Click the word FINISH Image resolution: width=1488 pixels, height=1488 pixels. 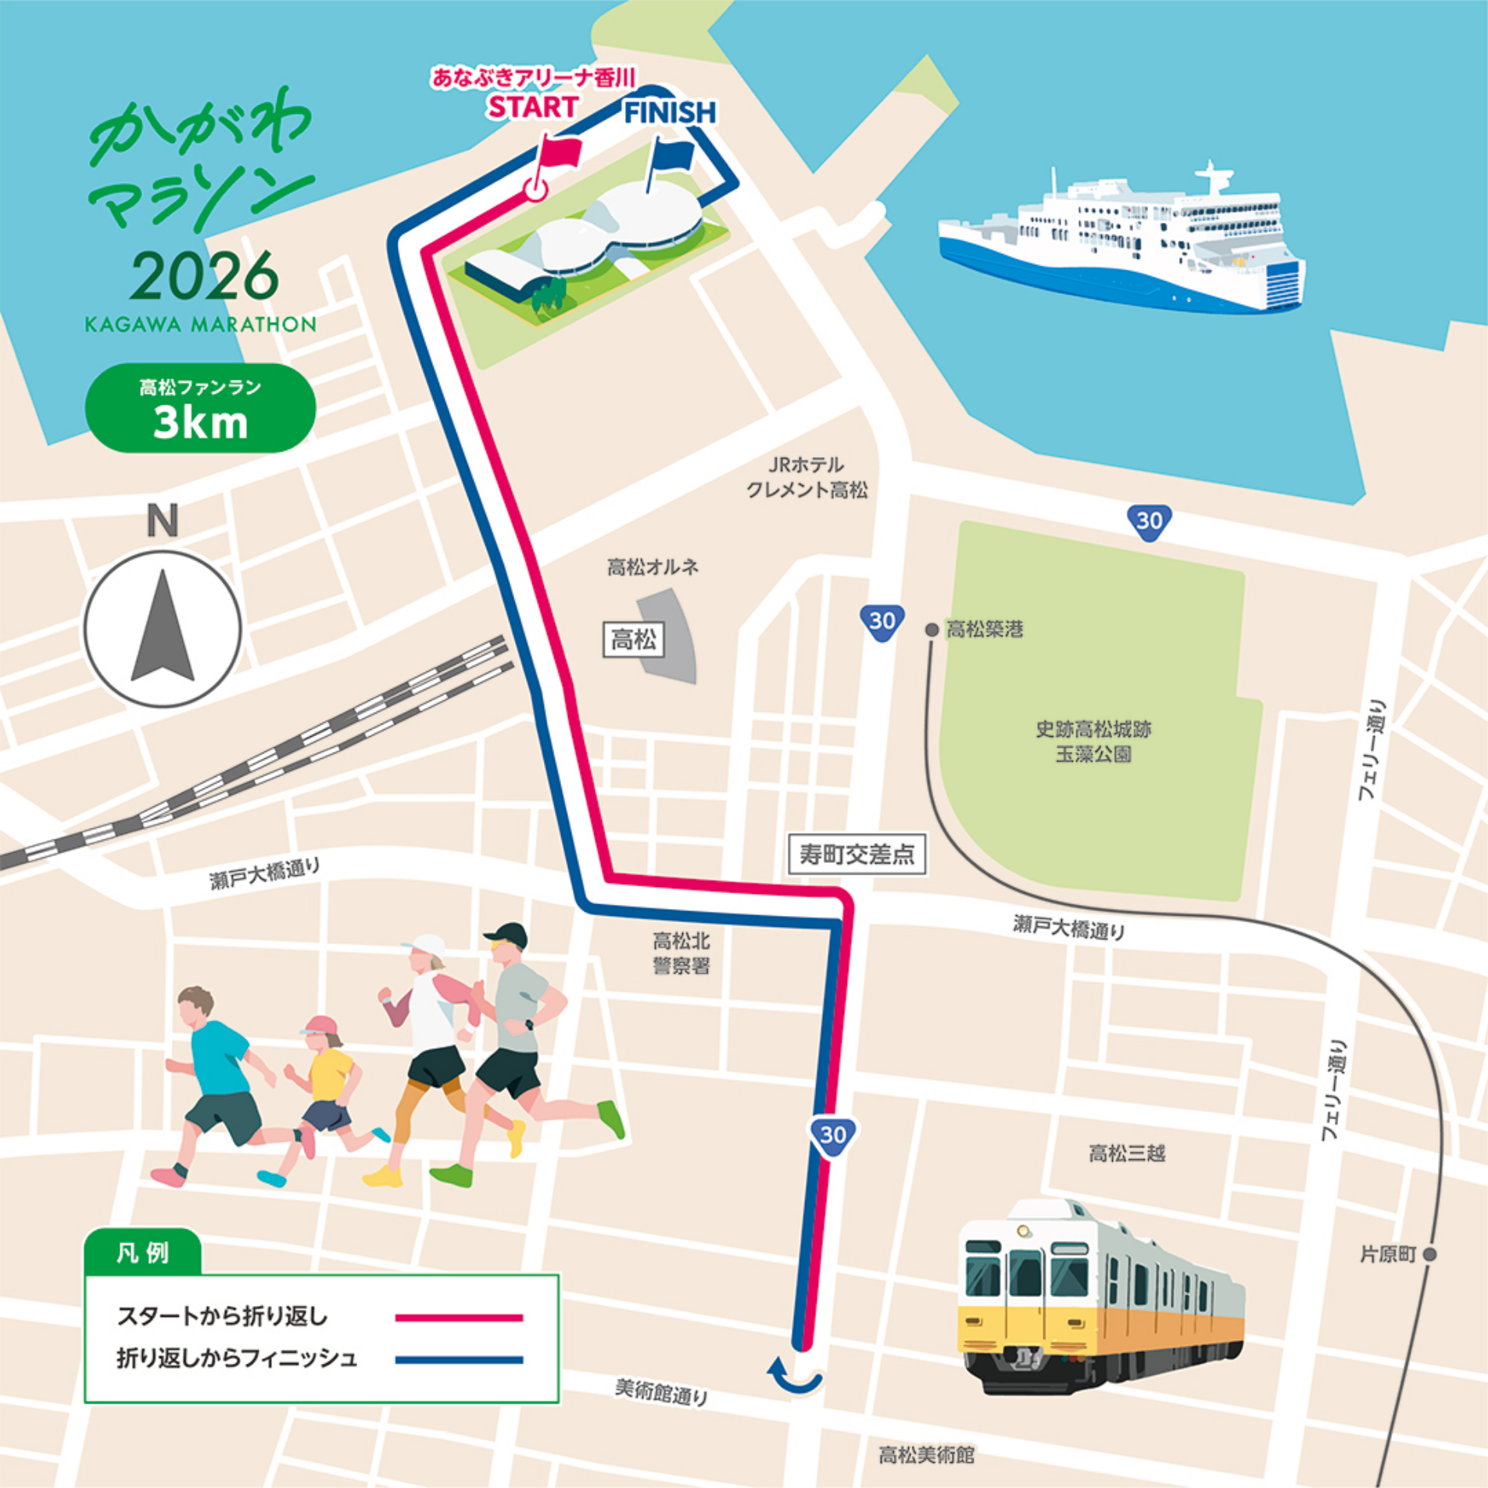coord(670,113)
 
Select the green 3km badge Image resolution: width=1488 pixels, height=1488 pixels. coord(200,408)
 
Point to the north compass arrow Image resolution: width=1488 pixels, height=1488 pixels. coord(163,630)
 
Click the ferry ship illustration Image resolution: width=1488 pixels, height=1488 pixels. coord(1122,242)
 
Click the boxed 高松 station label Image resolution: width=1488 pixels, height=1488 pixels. coord(634,640)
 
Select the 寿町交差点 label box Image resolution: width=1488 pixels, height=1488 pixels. coord(857,854)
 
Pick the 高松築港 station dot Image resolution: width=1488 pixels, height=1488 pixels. coord(932,629)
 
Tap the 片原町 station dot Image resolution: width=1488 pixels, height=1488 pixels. coord(1429,1255)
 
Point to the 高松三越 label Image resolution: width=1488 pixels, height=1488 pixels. coord(1127,1154)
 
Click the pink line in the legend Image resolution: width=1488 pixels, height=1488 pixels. coord(459,1318)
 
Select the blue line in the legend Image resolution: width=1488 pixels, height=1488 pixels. coord(459,1360)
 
